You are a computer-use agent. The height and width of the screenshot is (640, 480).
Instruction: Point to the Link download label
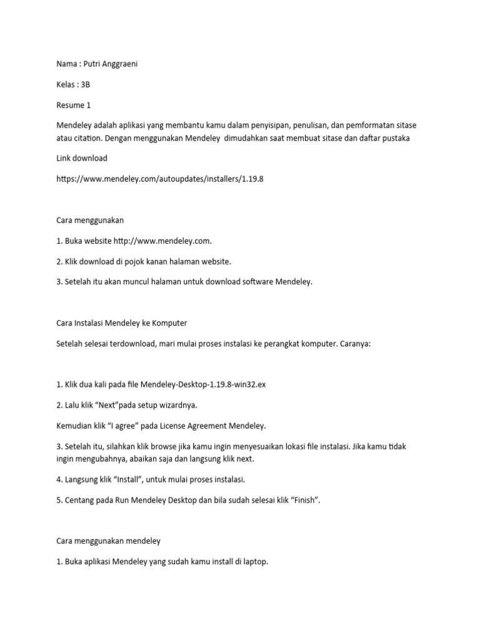click(82, 157)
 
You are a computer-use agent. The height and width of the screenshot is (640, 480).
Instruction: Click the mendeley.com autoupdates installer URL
click(156, 179)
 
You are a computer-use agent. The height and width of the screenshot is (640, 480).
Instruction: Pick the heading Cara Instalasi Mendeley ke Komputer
click(121, 323)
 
